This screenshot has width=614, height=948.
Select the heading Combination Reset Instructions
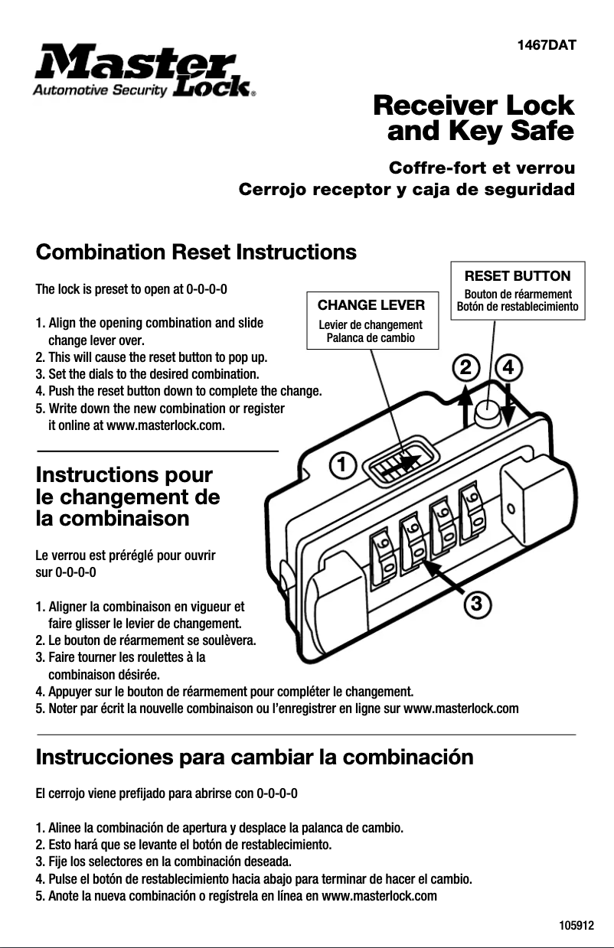[196, 252]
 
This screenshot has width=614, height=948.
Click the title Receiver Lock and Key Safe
[472, 119]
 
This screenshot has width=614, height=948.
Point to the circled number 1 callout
[344, 464]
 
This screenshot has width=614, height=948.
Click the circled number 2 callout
[464, 368]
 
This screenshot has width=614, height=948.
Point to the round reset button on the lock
[488, 414]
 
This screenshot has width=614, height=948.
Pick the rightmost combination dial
[472, 509]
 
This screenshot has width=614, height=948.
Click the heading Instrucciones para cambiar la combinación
[254, 757]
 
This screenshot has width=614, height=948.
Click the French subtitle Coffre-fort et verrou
[482, 168]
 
